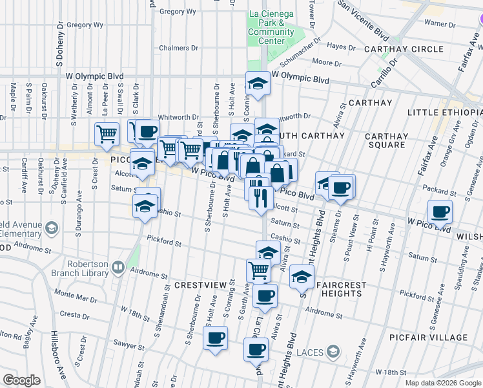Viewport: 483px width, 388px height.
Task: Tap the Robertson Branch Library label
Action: pos(88,268)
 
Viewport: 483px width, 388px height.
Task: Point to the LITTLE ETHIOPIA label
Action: pos(444,113)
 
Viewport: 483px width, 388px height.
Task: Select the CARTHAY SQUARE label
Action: pos(386,140)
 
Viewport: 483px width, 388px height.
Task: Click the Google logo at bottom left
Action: pos(21,380)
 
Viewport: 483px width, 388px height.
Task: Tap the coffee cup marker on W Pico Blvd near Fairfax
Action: pos(440,211)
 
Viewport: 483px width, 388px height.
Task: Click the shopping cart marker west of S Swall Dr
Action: pos(107,133)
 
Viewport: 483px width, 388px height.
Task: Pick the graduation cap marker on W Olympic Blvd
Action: pos(258,83)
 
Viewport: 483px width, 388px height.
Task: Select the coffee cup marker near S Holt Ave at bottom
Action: pos(216,337)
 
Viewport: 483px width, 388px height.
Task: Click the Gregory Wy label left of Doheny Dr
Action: pos(85,25)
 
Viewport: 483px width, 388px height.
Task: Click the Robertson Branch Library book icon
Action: pos(118,266)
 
